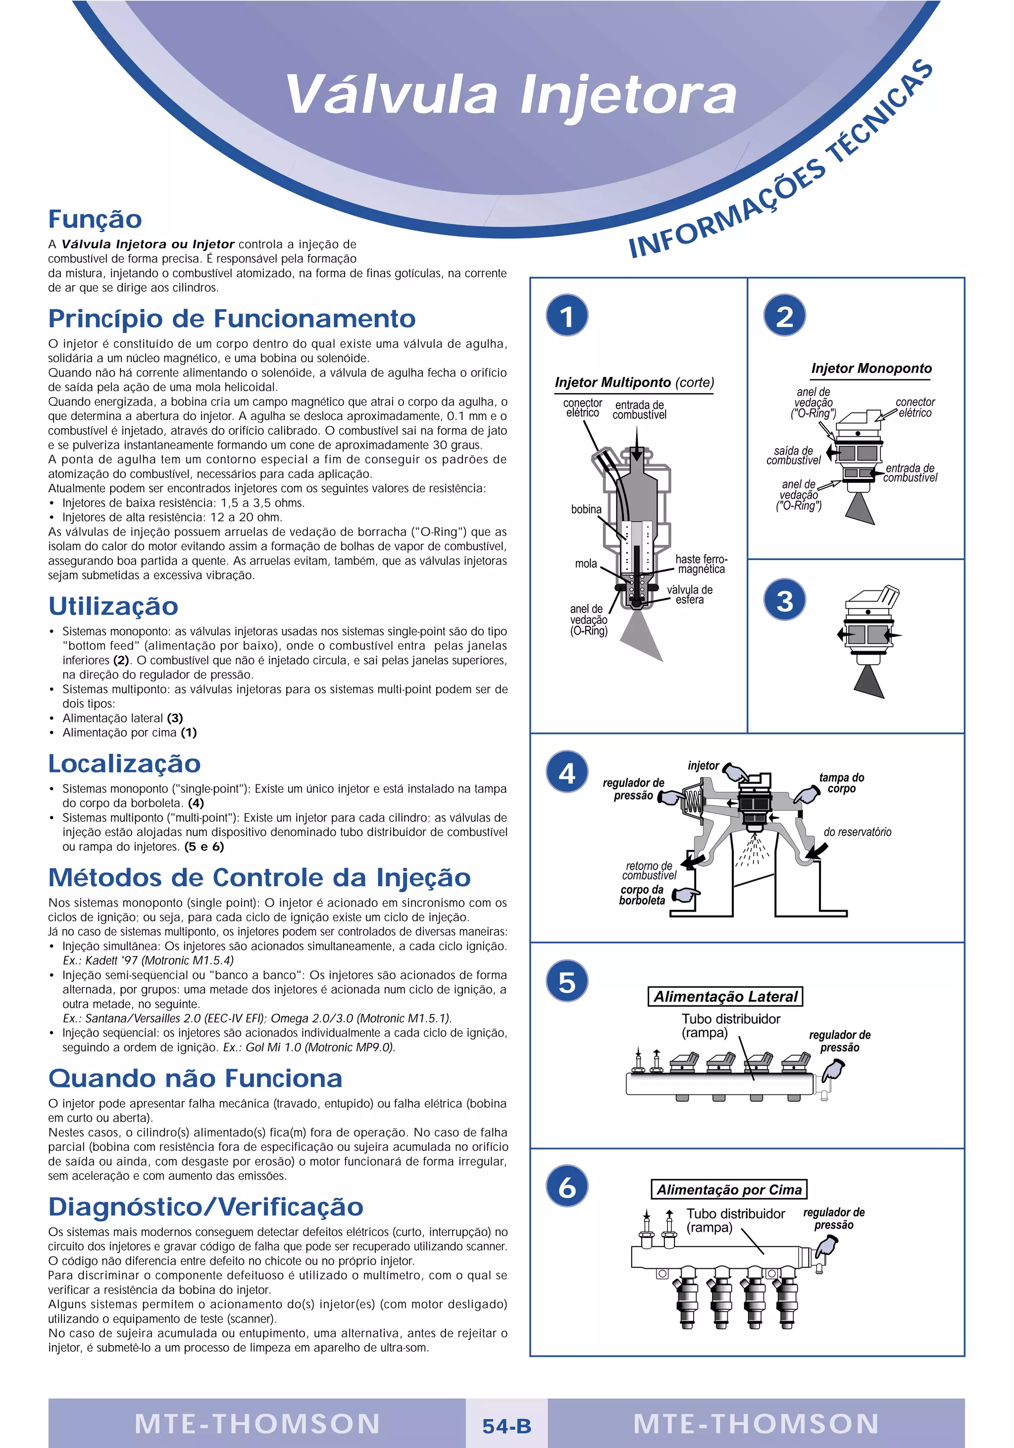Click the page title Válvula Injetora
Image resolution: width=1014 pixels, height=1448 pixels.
tap(511, 95)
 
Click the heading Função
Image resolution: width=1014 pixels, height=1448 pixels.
tap(95, 219)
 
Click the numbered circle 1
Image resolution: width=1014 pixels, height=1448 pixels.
tap(567, 315)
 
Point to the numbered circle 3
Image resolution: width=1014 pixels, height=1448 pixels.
tap(784, 600)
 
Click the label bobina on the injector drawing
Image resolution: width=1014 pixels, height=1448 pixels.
tap(586, 510)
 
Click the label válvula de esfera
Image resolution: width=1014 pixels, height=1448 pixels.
tap(690, 595)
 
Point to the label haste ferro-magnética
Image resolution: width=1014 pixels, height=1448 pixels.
tap(701, 564)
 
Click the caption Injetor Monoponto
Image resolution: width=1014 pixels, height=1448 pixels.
tap(871, 368)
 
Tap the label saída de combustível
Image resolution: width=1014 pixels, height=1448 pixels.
tap(793, 455)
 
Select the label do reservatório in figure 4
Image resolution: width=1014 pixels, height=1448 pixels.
tap(857, 832)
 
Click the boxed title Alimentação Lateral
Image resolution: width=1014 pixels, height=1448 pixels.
tap(725, 996)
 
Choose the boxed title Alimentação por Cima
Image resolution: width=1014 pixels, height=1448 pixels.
tap(729, 1189)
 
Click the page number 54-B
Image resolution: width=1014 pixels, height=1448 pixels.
tap(507, 1426)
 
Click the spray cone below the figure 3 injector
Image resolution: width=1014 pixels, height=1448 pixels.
tap(869, 682)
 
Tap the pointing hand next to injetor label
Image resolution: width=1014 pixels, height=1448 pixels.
tap(735, 772)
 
